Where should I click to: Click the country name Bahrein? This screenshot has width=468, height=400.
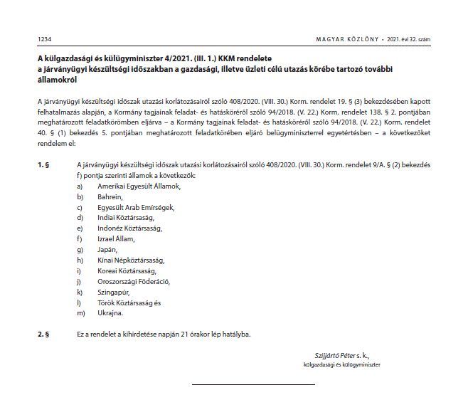pos(110,196)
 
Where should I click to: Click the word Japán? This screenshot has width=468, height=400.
pos(107,249)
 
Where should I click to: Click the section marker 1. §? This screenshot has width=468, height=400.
pos(43,164)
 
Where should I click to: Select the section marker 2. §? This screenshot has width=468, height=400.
pos(43,333)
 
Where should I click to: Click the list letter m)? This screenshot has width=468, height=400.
pos(81,312)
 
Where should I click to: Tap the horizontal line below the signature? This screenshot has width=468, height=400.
pos(253,384)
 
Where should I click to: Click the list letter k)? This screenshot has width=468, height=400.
pos(80,292)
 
